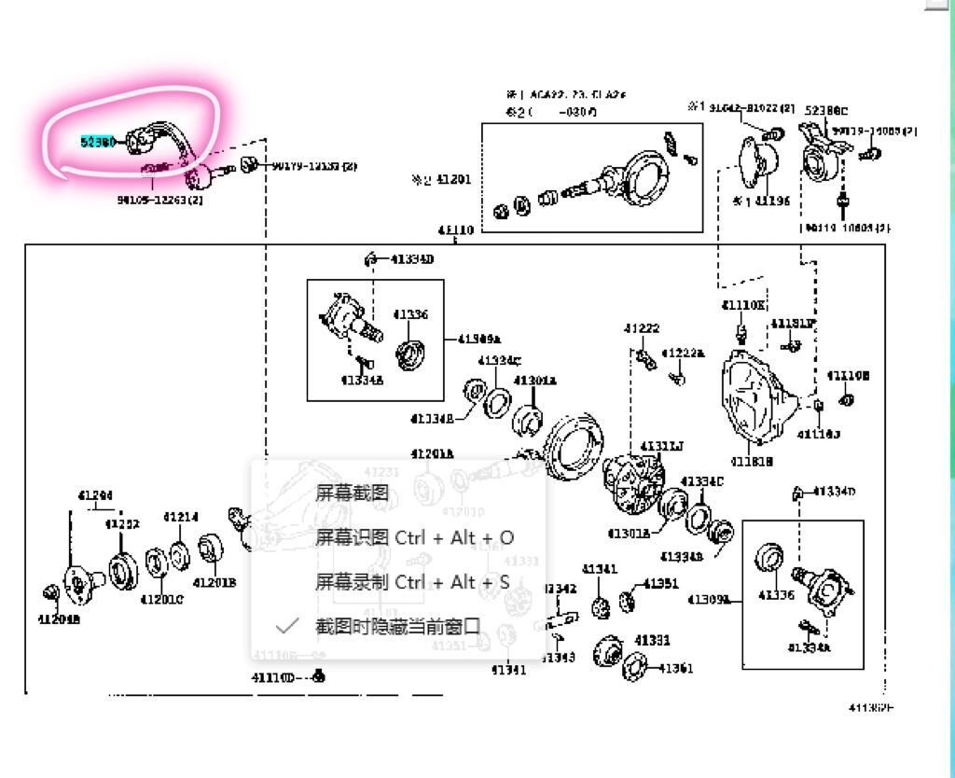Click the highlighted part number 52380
pos(98,142)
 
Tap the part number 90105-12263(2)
pos(160,200)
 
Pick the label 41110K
pos(742,305)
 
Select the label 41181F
pos(793,324)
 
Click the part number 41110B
pos(849,375)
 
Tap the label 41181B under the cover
pos(753,462)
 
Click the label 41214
pos(181,517)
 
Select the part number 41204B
pos(59,618)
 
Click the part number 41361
pos(675,668)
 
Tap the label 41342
pos(560,589)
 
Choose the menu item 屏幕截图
pos(352,493)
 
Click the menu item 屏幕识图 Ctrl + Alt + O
pos(414,538)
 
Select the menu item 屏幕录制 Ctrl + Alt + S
pos(412,582)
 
